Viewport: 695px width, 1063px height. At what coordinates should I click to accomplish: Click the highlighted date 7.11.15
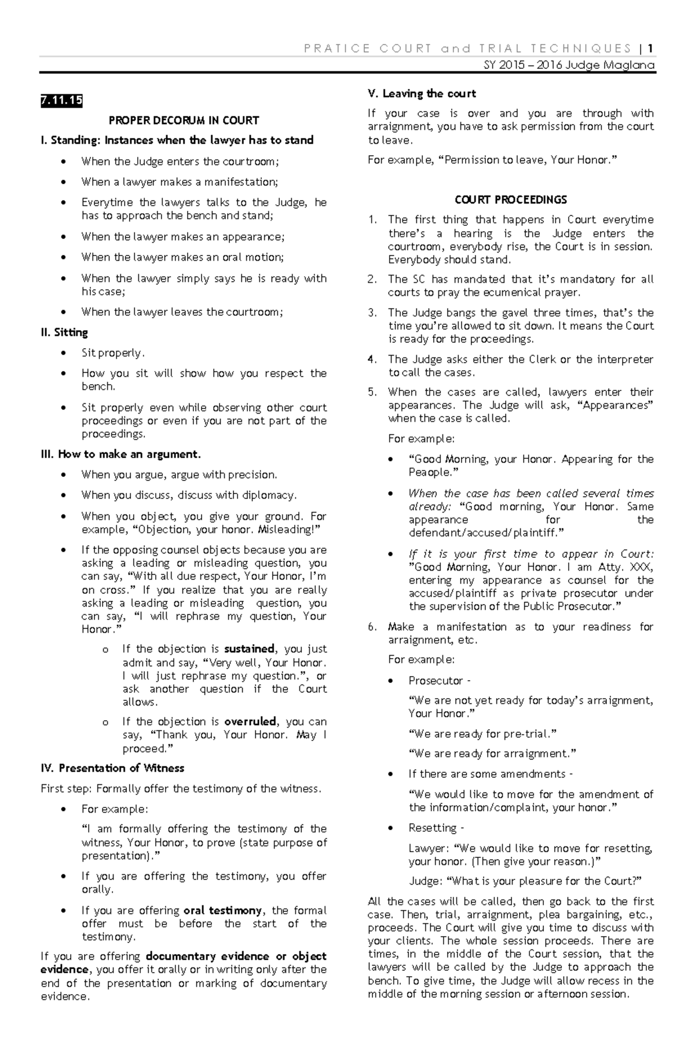pyautogui.click(x=61, y=101)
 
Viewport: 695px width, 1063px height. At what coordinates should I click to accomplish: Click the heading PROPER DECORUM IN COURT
pyautogui.click(x=184, y=120)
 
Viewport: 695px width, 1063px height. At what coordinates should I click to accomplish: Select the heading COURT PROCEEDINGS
pyautogui.click(x=511, y=199)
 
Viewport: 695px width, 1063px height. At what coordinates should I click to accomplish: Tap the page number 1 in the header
pyautogui.click(x=651, y=48)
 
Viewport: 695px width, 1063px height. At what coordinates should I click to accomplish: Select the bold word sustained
pyautogui.click(x=249, y=649)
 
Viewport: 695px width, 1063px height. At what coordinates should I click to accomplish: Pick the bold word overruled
pyautogui.click(x=250, y=722)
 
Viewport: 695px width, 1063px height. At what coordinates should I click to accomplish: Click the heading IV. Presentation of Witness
pyautogui.click(x=112, y=768)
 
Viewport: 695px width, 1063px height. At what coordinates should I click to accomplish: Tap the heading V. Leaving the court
pyautogui.click(x=422, y=94)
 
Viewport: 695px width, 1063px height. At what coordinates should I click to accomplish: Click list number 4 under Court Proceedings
pyautogui.click(x=372, y=359)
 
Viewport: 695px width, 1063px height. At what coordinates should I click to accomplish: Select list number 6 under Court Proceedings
pyautogui.click(x=372, y=627)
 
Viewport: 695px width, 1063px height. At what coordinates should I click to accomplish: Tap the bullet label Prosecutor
pyautogui.click(x=436, y=680)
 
